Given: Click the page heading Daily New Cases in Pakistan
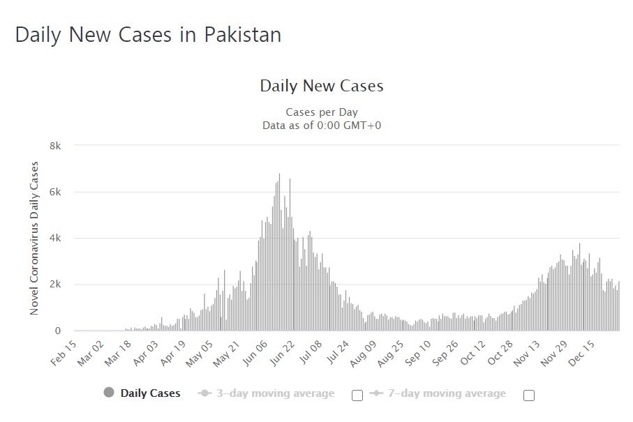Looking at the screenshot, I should tap(148, 34).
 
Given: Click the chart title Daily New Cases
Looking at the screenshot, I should tap(322, 86).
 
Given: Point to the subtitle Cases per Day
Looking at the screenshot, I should tap(322, 112).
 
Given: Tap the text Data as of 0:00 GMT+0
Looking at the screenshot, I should tap(322, 126).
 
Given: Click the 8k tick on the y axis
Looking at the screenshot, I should tap(55, 146).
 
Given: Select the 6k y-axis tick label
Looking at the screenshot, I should tap(55, 192).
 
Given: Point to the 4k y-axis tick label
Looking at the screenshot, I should tap(55, 239).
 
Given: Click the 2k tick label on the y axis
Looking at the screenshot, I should tap(55, 285).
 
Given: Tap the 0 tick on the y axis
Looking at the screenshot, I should tap(58, 331).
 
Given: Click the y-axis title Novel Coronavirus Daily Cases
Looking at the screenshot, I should tap(34, 238).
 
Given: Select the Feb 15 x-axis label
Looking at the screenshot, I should tap(64, 353).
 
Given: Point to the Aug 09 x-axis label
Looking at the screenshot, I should tap(364, 353).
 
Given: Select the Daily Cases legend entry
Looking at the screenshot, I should tap(150, 393).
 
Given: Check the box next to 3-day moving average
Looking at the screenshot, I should tap(357, 395).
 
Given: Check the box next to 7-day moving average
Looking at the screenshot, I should tap(529, 395).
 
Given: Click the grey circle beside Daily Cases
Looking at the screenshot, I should tap(109, 393).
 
